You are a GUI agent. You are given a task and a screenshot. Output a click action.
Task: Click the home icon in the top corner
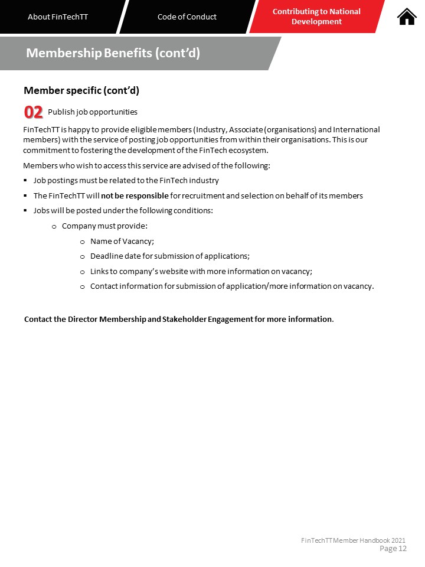point(407,17)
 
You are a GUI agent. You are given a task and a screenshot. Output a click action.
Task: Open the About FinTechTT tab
point(58,17)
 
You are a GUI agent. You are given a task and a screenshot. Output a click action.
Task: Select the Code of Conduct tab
point(187,17)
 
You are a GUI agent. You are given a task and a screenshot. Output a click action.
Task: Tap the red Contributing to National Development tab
point(316,17)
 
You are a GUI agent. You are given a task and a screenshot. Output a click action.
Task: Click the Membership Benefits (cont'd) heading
point(113,53)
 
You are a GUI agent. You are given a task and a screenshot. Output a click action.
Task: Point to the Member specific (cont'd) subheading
point(81,90)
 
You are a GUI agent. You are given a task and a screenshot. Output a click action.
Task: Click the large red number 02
point(33,112)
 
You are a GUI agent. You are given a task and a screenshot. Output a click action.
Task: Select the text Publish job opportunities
point(93,112)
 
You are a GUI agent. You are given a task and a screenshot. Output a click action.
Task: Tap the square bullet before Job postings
point(25,180)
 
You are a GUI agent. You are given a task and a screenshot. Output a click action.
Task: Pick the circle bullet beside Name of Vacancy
point(83,241)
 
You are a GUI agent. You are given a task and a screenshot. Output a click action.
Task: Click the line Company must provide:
point(104,226)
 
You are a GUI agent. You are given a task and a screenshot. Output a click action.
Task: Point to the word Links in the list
point(99,272)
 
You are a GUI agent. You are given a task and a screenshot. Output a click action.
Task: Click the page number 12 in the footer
point(403,549)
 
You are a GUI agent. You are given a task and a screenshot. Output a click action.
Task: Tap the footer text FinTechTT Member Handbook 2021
point(353,540)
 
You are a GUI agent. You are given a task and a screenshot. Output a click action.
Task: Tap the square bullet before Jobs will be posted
point(25,210)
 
